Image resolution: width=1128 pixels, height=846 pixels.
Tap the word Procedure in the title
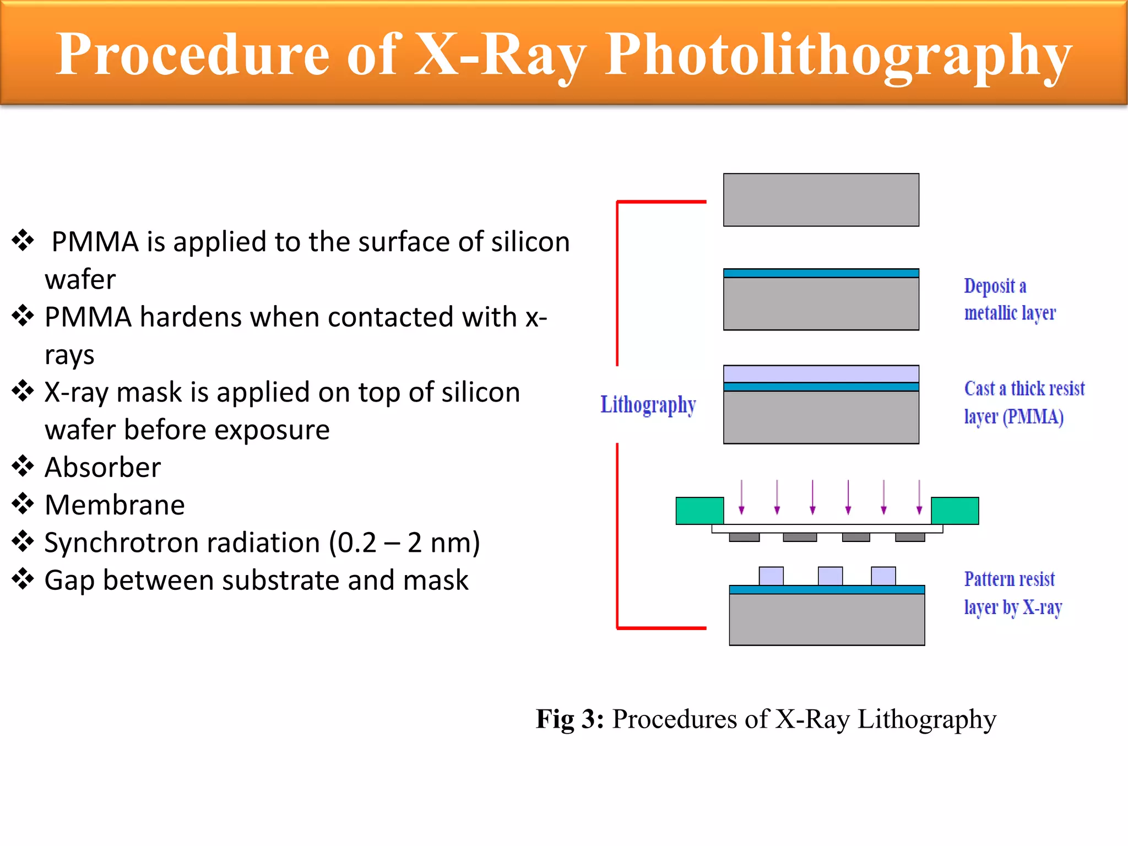(193, 54)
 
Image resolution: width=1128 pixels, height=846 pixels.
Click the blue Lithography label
(648, 405)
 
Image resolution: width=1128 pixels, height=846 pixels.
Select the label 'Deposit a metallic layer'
(1009, 300)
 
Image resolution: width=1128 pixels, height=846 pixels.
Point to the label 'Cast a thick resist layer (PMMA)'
(1023, 403)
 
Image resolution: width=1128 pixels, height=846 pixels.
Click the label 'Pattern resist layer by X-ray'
(1012, 593)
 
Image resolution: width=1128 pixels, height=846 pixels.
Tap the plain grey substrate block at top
(821, 200)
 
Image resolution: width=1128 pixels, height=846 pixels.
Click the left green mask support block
(699, 511)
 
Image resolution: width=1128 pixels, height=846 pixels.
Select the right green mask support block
(955, 511)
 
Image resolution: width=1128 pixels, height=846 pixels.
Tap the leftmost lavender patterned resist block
(771, 576)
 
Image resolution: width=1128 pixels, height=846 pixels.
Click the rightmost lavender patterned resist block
(883, 576)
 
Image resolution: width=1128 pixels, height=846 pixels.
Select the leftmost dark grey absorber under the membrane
(744, 538)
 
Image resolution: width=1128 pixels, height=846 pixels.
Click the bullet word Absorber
(103, 468)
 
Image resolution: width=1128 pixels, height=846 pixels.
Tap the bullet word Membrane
(115, 505)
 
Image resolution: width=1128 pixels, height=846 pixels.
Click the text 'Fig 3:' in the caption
(570, 719)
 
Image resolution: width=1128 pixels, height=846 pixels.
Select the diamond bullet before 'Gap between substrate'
(23, 579)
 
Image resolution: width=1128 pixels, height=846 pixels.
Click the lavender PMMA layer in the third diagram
(821, 374)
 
